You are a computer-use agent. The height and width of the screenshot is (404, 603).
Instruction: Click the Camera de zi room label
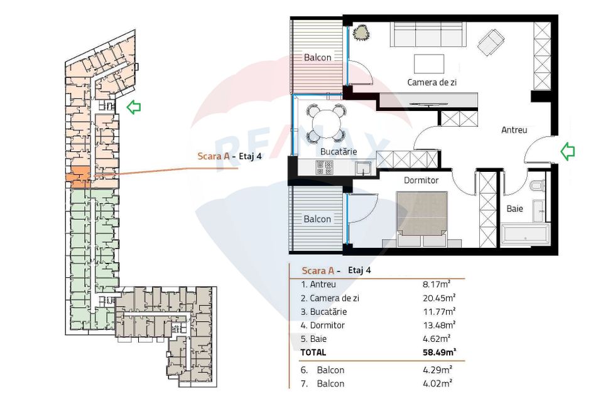[x=432, y=82]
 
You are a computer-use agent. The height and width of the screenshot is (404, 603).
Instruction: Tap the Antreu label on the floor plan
[x=514, y=130]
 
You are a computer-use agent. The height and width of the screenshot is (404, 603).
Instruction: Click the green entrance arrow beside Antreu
[x=568, y=151]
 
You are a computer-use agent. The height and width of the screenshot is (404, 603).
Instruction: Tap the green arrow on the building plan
[x=133, y=107]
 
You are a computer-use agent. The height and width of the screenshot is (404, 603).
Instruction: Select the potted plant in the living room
[x=362, y=33]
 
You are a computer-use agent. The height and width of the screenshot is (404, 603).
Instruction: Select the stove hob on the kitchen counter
[x=325, y=167]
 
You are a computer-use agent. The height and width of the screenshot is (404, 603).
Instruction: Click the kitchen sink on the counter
[x=363, y=168]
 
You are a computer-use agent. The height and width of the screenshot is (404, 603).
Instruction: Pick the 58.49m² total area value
[x=439, y=353]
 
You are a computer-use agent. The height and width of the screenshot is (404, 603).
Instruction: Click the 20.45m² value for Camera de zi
[x=439, y=297]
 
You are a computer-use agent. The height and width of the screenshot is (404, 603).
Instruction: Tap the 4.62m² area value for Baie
[x=439, y=339]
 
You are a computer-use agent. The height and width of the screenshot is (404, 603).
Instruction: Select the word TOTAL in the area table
[x=315, y=353]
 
